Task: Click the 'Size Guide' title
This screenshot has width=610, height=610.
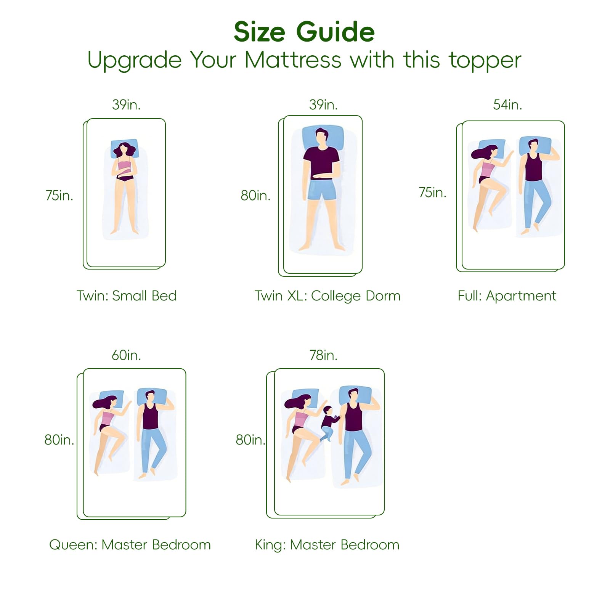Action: point(304,32)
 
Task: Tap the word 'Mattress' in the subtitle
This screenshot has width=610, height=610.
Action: point(293,60)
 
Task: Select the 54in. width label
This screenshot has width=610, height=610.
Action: point(507,104)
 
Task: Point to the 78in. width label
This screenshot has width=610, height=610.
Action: point(323,355)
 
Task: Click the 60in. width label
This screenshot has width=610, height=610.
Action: point(126,355)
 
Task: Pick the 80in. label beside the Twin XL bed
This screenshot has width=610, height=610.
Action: point(255,196)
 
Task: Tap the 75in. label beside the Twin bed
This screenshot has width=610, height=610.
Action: point(59,195)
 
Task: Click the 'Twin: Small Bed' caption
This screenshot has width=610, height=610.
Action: point(127,296)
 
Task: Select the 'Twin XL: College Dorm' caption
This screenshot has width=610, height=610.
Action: point(327,296)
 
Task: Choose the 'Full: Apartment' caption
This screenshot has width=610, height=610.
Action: point(507,296)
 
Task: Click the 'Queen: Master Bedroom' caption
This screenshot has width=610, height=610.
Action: point(130,545)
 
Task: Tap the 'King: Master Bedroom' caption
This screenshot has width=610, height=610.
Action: point(327,545)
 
